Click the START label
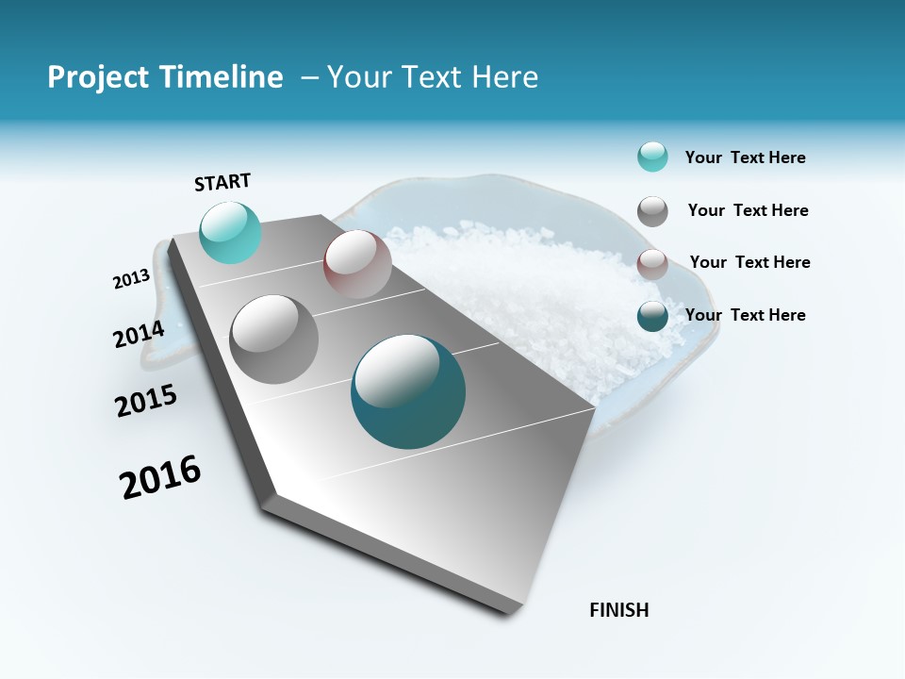222,182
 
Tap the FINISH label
618,610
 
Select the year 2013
131,279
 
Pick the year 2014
139,335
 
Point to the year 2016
160,477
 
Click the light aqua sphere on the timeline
230,232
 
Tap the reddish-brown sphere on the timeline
357,264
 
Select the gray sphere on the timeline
274,339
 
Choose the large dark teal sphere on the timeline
408,391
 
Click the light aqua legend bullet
652,157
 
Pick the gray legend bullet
652,211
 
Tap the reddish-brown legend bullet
652,264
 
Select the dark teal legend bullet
652,316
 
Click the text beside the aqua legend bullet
745,158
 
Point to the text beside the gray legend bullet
748,210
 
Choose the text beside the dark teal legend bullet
745,315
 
